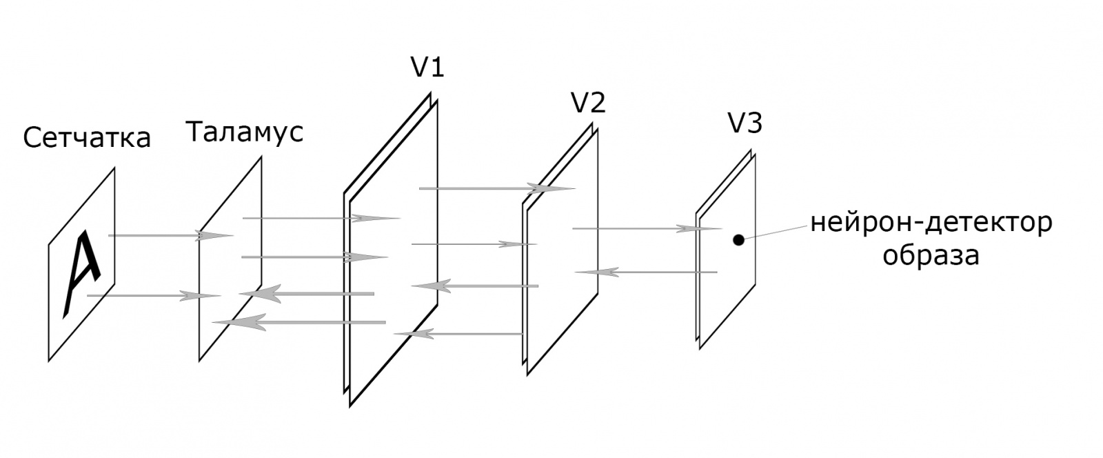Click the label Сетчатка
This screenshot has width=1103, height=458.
tap(86, 138)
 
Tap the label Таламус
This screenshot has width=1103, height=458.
tap(244, 131)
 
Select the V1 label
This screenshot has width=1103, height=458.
tap(427, 68)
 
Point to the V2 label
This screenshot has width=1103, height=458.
tap(588, 103)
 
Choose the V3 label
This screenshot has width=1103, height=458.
tap(745, 125)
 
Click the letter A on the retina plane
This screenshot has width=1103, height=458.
tap(83, 275)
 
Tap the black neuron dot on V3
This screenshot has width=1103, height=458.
tap(738, 240)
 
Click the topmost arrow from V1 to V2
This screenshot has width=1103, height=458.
tap(496, 188)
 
